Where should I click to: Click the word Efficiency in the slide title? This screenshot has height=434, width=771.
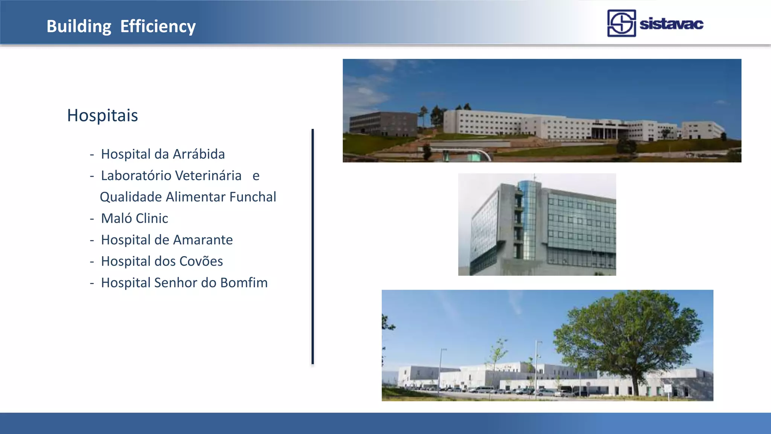(x=158, y=26)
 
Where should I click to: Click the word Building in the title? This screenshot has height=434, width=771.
(x=79, y=26)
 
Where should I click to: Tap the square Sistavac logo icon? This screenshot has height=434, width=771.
(x=621, y=23)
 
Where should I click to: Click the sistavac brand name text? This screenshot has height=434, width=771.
(x=671, y=24)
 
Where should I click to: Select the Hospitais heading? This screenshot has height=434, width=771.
(x=102, y=115)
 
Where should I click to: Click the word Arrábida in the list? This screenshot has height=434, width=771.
(x=198, y=154)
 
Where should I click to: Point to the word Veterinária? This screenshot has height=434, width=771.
(x=209, y=176)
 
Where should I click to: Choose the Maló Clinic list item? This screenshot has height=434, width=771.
(x=134, y=219)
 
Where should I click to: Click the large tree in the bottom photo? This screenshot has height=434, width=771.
(x=629, y=332)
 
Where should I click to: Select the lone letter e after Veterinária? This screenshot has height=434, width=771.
(x=256, y=176)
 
